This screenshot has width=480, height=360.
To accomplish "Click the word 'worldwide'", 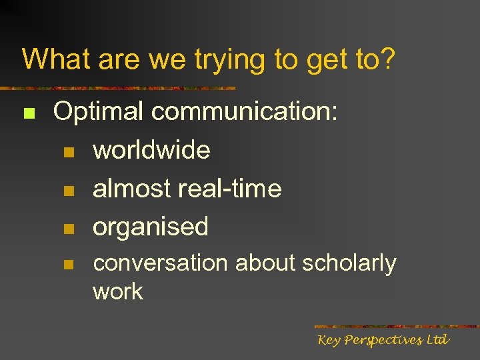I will pos(151,150).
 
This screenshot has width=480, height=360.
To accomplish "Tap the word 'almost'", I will pos(131,189).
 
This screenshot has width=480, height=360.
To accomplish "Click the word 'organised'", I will pos(151,227).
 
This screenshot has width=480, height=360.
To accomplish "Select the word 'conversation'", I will pos(160,263).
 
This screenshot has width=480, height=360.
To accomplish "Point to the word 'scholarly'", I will pos(349,264).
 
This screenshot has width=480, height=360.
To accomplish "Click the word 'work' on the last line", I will pos(118,291).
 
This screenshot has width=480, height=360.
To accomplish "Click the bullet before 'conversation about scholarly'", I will pos(67,265).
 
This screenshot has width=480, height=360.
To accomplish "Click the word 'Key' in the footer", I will pos(329,341).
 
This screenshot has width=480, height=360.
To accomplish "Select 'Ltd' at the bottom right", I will pos(438,340).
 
